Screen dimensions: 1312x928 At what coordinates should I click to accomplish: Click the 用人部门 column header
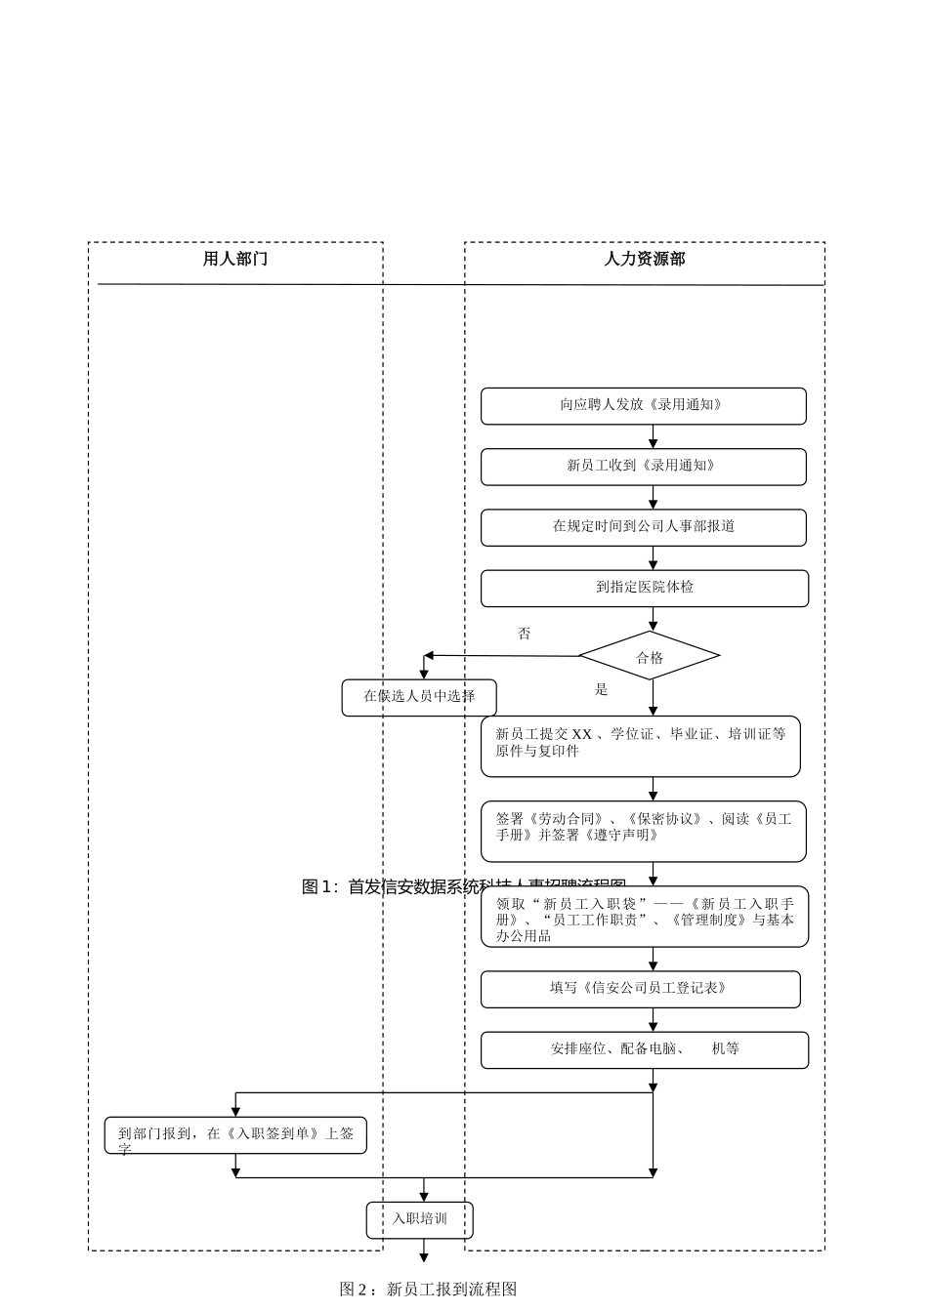(x=234, y=259)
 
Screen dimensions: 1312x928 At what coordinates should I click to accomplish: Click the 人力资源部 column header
(x=644, y=259)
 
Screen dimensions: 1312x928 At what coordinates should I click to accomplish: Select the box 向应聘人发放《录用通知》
(x=643, y=406)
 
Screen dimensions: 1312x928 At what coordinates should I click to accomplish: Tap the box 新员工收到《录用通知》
(x=643, y=467)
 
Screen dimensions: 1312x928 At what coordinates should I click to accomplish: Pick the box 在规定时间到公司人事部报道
(x=643, y=527)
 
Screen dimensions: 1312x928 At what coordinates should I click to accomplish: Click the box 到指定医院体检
(x=644, y=588)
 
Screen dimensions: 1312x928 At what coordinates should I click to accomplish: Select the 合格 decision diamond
(x=650, y=656)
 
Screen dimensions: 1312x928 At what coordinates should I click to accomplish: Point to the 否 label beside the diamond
(x=525, y=635)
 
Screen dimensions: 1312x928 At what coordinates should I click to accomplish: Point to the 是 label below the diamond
(x=602, y=690)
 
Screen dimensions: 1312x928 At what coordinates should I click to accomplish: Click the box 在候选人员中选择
(x=419, y=697)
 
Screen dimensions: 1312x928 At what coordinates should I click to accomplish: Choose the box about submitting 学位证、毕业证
(x=640, y=746)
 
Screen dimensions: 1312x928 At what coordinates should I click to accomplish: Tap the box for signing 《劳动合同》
(x=643, y=831)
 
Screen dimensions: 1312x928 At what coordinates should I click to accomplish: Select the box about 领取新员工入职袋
(x=644, y=918)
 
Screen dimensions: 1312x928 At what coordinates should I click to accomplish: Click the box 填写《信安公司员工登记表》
(x=640, y=989)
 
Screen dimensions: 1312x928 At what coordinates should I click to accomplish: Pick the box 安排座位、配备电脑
(x=644, y=1049)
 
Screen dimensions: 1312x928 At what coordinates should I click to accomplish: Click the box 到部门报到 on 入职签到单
(x=235, y=1135)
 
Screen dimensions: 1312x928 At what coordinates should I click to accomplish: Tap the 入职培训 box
(x=420, y=1219)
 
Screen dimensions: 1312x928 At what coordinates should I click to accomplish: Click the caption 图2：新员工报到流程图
(x=428, y=1290)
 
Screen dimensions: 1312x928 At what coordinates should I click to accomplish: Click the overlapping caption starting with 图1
(x=391, y=886)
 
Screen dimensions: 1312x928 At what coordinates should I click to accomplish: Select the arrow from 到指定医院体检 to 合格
(x=654, y=619)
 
